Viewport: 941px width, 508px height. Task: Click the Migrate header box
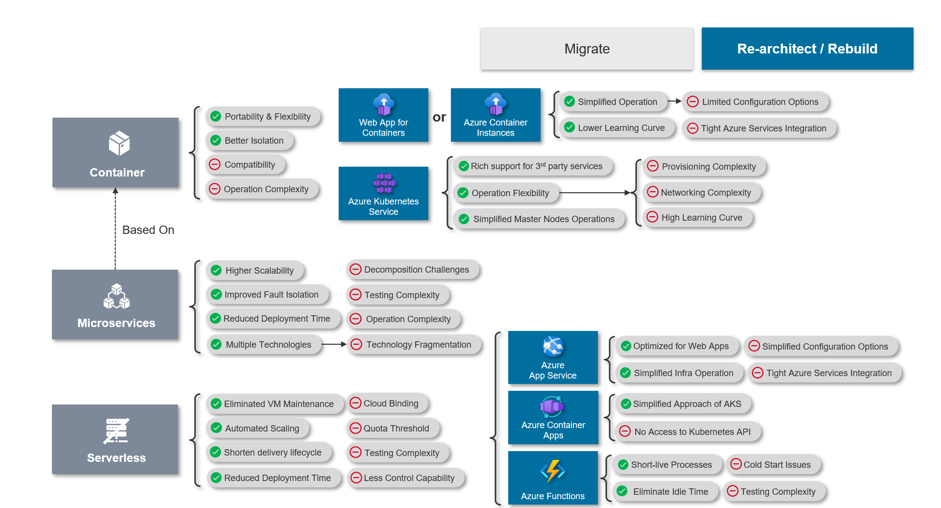click(x=587, y=49)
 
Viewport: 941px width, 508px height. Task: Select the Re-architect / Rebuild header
click(x=807, y=49)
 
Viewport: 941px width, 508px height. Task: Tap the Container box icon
click(x=119, y=143)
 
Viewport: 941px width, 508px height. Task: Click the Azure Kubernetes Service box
click(x=383, y=194)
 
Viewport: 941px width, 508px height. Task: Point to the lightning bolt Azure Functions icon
click(x=553, y=471)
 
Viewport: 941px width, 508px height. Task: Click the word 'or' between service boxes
click(x=439, y=117)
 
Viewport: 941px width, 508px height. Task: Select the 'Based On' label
click(x=148, y=230)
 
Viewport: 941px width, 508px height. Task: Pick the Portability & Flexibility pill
click(x=263, y=117)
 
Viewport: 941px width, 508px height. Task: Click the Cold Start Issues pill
click(x=773, y=464)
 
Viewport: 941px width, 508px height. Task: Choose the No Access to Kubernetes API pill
click(x=688, y=432)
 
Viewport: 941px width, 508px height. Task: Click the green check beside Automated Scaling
click(x=216, y=428)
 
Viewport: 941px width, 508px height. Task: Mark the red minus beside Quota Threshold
click(x=355, y=428)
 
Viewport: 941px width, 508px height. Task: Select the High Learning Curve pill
click(x=697, y=217)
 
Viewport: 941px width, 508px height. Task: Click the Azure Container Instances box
click(x=495, y=115)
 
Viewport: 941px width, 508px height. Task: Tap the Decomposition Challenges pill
click(x=412, y=270)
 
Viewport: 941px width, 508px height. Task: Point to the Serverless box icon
click(x=116, y=431)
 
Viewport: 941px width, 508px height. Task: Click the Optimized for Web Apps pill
click(x=676, y=346)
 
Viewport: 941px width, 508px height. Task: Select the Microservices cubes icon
click(x=116, y=296)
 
